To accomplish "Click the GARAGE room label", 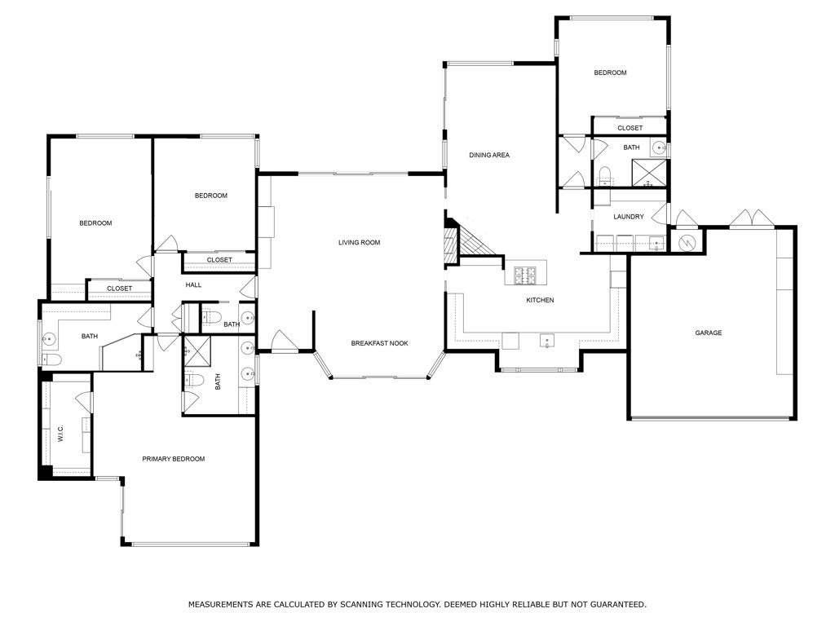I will point(708,333).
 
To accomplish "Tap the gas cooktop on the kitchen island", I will point(524,276).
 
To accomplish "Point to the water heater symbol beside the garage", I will point(687,241).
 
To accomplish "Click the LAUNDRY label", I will point(629,217).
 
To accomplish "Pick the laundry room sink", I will point(655,242).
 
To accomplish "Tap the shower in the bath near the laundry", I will point(650,174).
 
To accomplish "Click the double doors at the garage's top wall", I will point(750,219).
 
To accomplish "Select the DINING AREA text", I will point(488,155).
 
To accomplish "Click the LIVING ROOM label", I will point(359,242).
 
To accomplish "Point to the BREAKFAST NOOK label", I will point(379,343).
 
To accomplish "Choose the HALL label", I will point(193,284).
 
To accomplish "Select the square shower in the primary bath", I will point(196,351).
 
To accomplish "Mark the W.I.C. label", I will point(60,434).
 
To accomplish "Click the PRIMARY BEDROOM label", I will point(173,459).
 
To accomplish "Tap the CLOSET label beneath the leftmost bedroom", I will point(119,289).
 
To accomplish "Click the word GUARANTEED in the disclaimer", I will point(616,604).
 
